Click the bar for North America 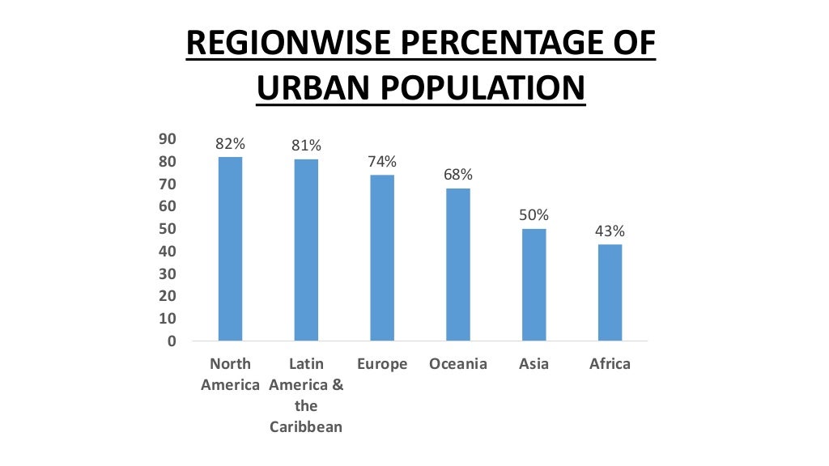tap(230, 248)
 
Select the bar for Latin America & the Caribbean tap(306, 249)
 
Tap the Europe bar tap(382, 257)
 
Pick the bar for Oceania tap(458, 264)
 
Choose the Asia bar tap(534, 284)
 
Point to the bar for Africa tap(610, 292)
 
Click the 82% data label tap(230, 144)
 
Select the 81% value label tap(306, 146)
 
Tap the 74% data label tap(382, 162)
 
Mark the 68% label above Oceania tap(458, 176)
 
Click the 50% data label tap(534, 216)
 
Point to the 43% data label tap(610, 231)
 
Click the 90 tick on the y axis tap(167, 139)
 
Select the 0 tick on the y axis tap(171, 341)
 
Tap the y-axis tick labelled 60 tap(167, 206)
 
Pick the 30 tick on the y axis tap(167, 274)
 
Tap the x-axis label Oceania tap(458, 364)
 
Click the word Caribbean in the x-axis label tap(306, 427)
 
